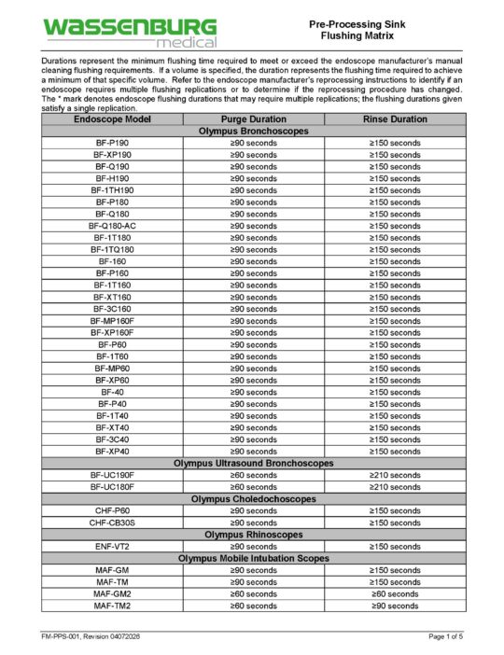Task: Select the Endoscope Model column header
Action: (112, 119)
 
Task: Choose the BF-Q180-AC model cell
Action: (112, 226)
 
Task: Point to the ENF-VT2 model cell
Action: (112, 546)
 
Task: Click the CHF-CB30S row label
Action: (112, 523)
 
